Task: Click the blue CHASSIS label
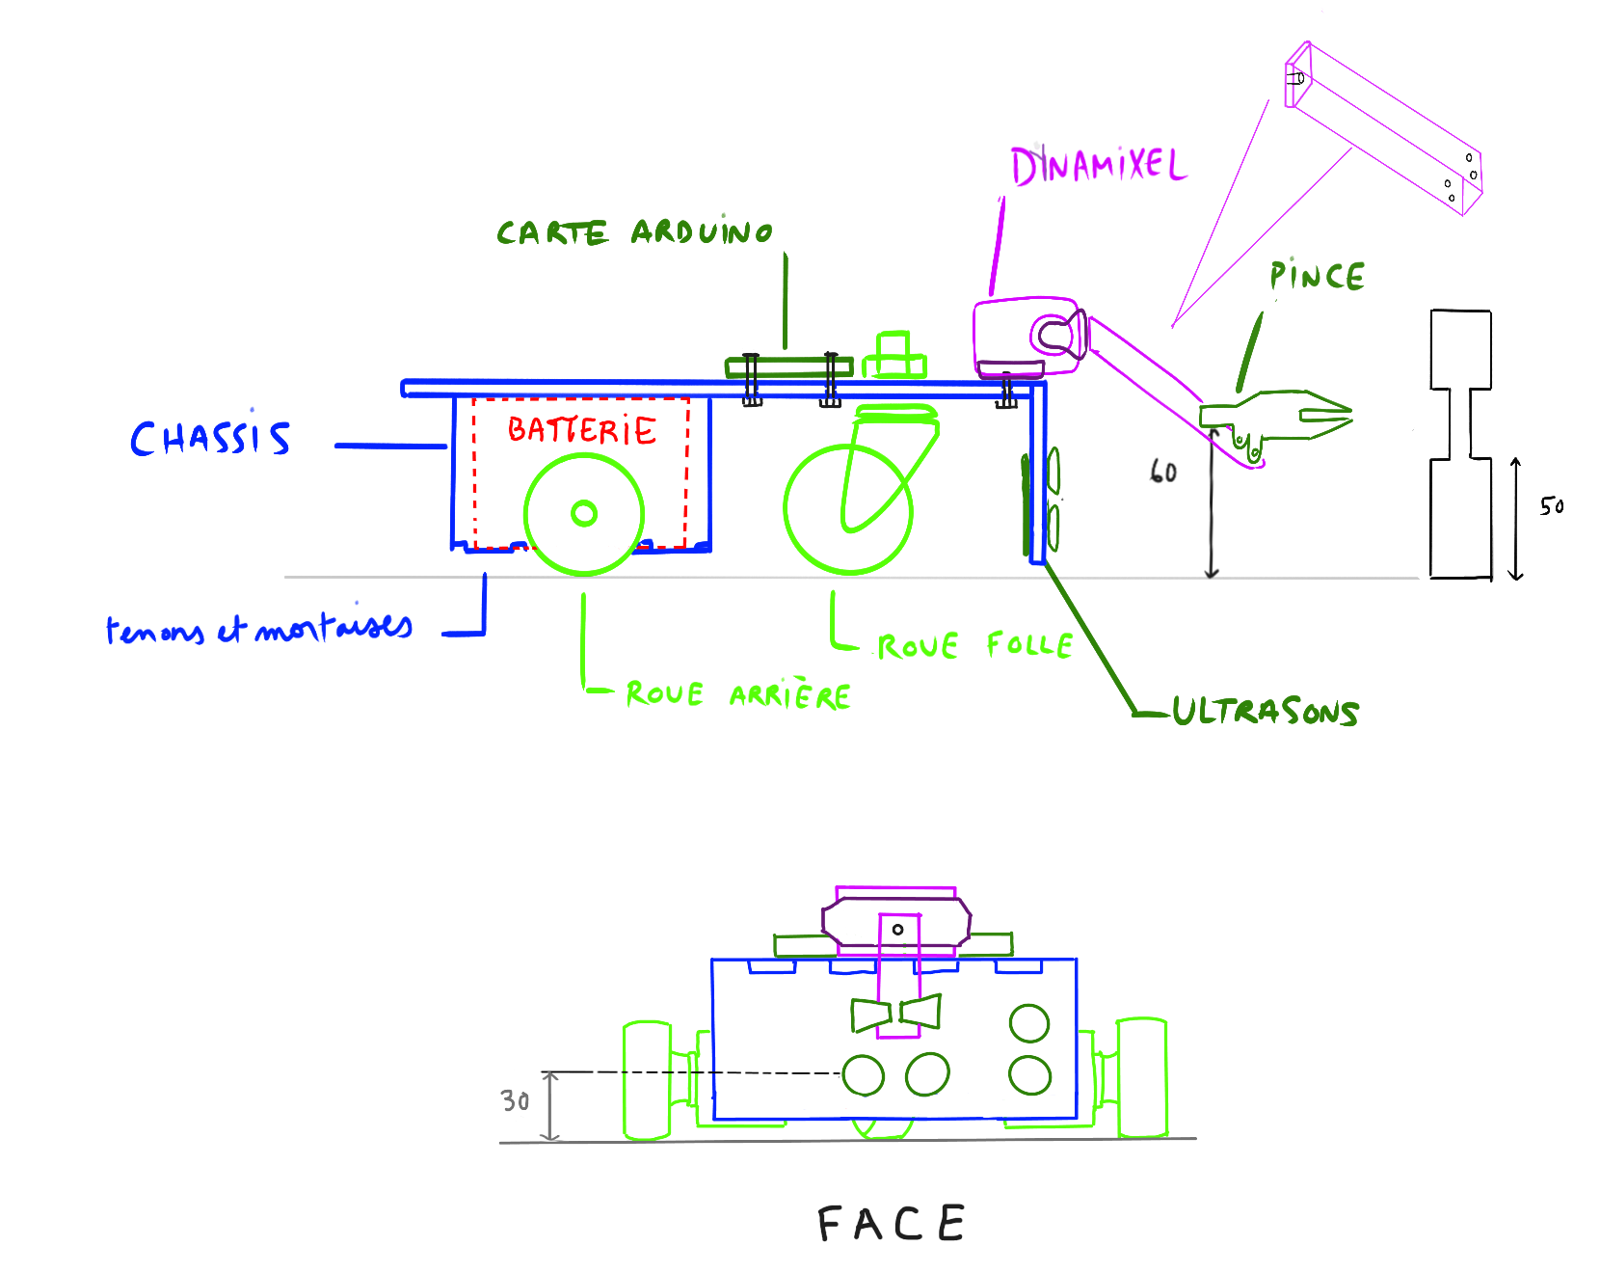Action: click(210, 439)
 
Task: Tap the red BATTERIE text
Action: click(582, 430)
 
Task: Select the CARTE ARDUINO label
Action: click(634, 232)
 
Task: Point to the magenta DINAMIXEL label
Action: click(1098, 166)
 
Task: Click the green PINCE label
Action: click(1317, 277)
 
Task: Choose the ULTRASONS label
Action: click(1266, 712)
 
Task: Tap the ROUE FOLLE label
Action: click(974, 645)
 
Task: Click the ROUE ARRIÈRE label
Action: click(738, 694)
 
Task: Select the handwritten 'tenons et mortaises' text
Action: click(258, 630)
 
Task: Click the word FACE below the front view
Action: click(892, 1224)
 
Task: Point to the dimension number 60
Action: click(1163, 472)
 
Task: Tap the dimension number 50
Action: click(1552, 506)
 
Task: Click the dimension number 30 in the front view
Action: click(516, 1101)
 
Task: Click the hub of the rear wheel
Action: click(584, 514)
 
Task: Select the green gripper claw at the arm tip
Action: click(1292, 416)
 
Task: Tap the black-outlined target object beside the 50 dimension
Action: click(1460, 444)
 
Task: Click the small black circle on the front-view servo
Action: click(897, 930)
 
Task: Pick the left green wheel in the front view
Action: click(647, 1080)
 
